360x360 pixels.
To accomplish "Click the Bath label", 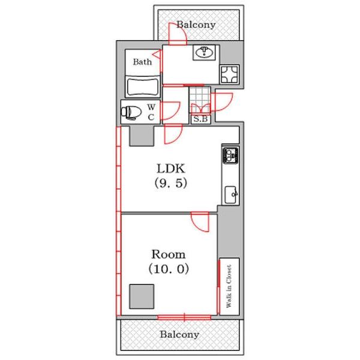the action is tap(142, 62).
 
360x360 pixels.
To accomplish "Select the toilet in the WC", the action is tap(131, 113).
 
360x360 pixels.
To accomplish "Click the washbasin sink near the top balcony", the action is tap(204, 52).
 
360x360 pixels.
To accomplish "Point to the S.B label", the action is tap(200, 119).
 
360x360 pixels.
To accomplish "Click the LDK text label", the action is tap(171, 169).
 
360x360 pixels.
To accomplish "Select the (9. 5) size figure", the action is tap(171, 183).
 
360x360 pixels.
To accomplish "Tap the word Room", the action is tap(169, 254).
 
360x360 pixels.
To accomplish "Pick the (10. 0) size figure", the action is tap(169, 269).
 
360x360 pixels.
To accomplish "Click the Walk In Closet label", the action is tap(229, 286).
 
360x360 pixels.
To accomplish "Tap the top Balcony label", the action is tap(196, 25).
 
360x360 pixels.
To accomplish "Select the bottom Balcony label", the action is tap(179, 334).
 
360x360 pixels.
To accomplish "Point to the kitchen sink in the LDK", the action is tap(231, 194).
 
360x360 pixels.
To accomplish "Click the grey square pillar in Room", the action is tap(142, 296).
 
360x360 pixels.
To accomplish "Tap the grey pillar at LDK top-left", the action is tap(142, 136).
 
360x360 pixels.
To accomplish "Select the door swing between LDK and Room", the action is tap(200, 222).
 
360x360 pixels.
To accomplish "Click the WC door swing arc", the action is tap(171, 111).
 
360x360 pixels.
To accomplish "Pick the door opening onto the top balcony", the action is tap(178, 34).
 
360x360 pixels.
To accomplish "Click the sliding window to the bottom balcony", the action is tap(184, 317).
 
